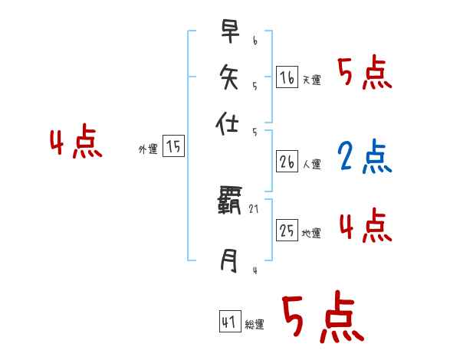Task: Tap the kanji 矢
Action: coord(229,77)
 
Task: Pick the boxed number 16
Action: coord(287,77)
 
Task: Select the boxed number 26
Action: coord(287,162)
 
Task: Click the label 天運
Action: coord(312,80)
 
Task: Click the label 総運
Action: coord(255,325)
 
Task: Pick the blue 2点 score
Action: coord(364,156)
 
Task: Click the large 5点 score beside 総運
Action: coord(322,318)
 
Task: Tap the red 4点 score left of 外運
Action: coord(76,143)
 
